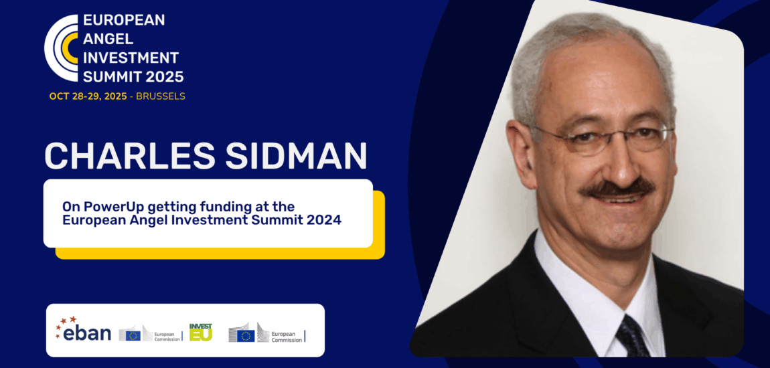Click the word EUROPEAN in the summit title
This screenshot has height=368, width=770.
(124, 20)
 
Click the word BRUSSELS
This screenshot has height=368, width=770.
(161, 96)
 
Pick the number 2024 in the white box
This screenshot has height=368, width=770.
(321, 219)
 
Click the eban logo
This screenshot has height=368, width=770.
(85, 333)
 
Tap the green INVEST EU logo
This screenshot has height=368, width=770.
(200, 332)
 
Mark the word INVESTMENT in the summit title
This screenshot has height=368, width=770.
(131, 58)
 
